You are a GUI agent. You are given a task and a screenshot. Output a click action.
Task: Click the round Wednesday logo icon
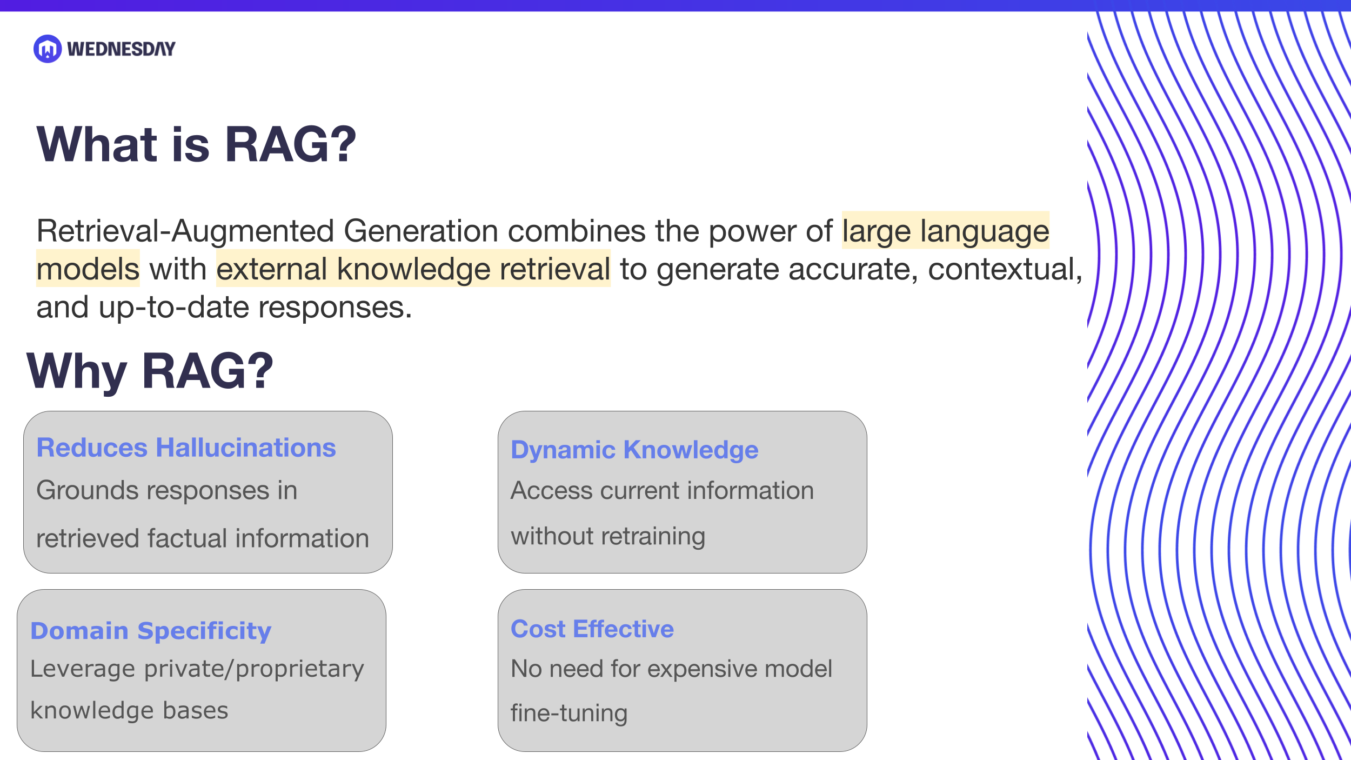point(48,49)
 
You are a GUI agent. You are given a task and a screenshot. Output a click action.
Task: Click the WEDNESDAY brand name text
point(121,49)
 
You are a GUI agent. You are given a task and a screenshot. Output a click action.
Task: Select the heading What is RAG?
point(196,144)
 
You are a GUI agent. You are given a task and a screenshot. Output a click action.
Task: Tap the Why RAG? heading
point(150,371)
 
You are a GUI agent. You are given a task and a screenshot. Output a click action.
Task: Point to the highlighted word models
point(88,269)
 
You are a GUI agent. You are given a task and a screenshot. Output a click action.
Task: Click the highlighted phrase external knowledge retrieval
point(413,269)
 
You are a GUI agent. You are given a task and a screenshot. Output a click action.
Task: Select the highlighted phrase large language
point(945,231)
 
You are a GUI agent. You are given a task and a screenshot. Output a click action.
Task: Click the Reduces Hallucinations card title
point(186,448)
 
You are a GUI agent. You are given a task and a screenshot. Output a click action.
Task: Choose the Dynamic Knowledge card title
point(634,450)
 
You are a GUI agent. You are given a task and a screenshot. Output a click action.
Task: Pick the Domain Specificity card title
point(151,631)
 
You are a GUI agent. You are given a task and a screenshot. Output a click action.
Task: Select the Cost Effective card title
point(592,629)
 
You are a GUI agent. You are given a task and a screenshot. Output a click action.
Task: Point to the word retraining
point(653,536)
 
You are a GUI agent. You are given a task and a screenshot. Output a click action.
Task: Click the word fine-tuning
point(569,714)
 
